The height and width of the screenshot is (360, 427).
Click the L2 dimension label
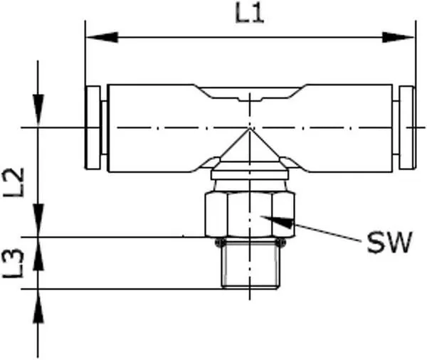pyautogui.click(x=14, y=182)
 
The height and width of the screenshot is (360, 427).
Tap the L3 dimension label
pyautogui.click(x=13, y=263)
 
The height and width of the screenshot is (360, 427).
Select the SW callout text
pyautogui.click(x=389, y=243)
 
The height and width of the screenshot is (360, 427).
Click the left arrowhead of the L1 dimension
pyautogui.click(x=102, y=37)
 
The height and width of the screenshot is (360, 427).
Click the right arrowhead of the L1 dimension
pyautogui.click(x=398, y=37)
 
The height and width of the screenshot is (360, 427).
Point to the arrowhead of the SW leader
pyautogui.click(x=278, y=221)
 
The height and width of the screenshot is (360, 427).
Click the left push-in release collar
pyautogui.click(x=93, y=127)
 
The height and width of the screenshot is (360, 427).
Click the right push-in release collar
pyautogui.click(x=407, y=127)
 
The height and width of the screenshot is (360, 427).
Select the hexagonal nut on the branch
pyautogui.click(x=250, y=215)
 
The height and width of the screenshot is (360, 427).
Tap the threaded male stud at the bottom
pyautogui.click(x=250, y=264)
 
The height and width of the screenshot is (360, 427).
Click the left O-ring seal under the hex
pyautogui.click(x=221, y=243)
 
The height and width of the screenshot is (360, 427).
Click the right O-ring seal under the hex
pyautogui.click(x=280, y=243)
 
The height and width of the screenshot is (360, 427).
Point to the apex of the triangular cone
pyautogui.click(x=250, y=129)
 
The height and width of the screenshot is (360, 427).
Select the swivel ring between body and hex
pyautogui.click(x=250, y=175)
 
